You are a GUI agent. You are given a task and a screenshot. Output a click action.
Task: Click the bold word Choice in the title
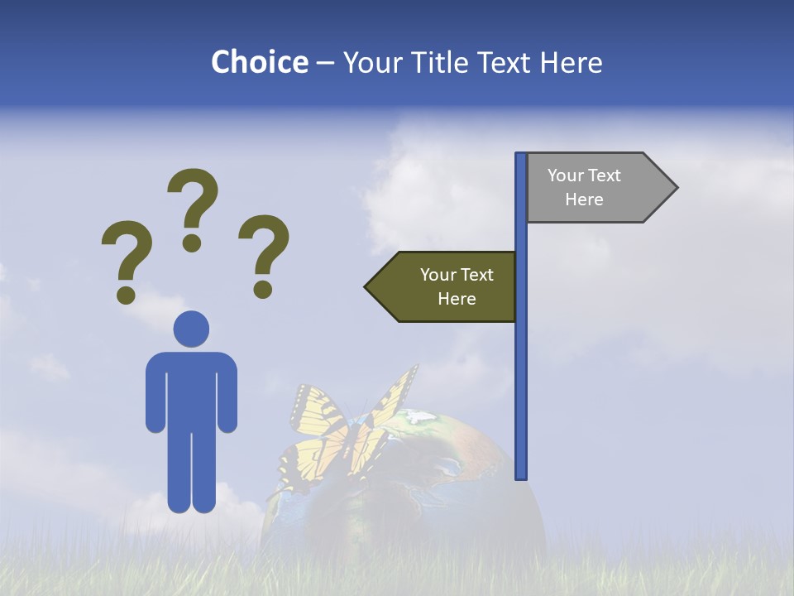pyautogui.click(x=259, y=62)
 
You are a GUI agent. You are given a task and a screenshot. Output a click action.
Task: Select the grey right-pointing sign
pyautogui.click(x=595, y=188)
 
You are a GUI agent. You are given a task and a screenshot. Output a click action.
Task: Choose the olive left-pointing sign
pyautogui.click(x=447, y=287)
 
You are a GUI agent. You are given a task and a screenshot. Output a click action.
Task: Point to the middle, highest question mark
pyautogui.click(x=193, y=199)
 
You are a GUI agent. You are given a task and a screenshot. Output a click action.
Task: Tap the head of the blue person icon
pyautogui.click(x=191, y=329)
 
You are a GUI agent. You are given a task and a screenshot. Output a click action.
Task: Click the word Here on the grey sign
pyautogui.click(x=584, y=199)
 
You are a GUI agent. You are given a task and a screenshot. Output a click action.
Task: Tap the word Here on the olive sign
pyautogui.click(x=457, y=299)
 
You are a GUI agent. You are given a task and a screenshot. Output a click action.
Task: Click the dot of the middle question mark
pyautogui.click(x=192, y=243)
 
